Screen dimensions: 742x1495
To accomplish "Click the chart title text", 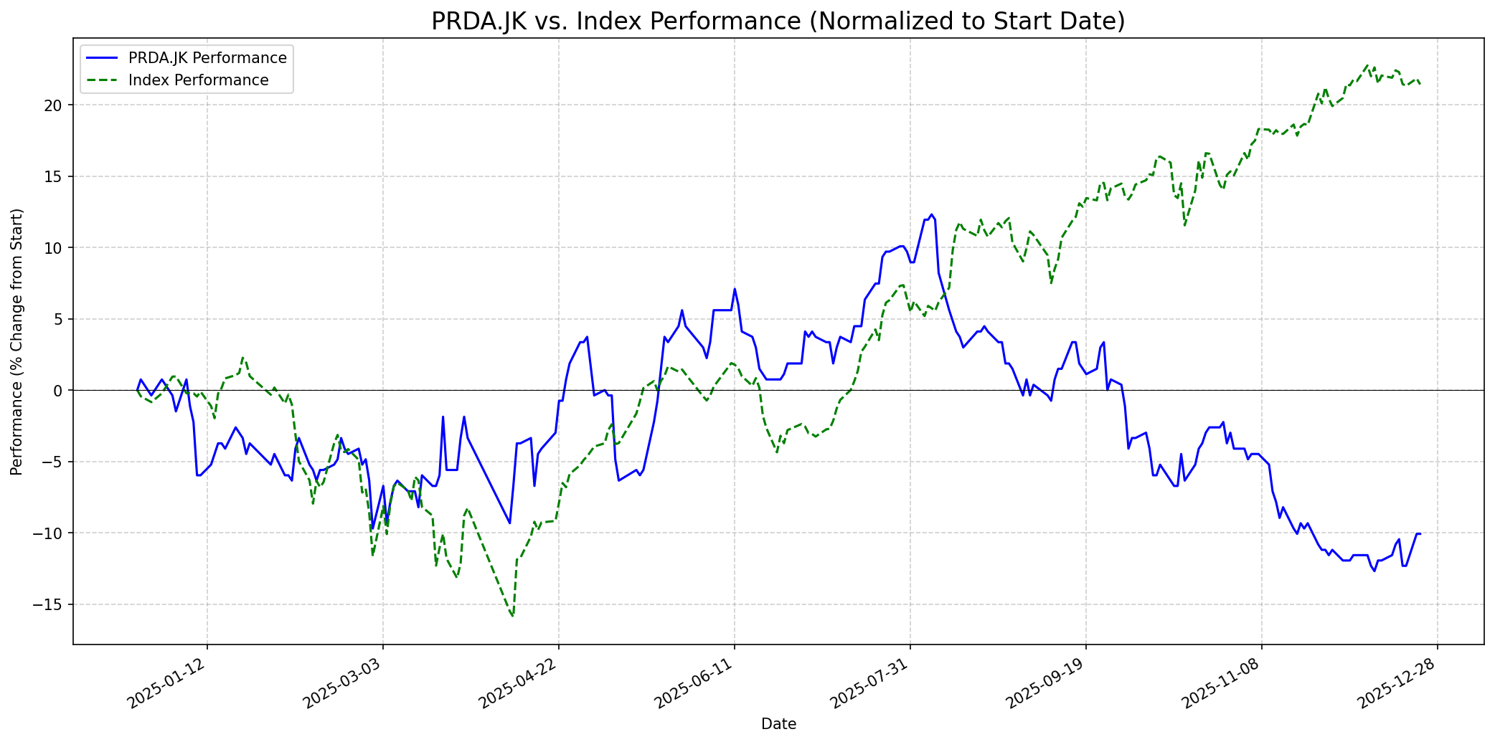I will pos(778,22).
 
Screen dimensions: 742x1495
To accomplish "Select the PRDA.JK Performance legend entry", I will pos(207,58).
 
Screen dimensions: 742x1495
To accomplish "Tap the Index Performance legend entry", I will pos(198,80).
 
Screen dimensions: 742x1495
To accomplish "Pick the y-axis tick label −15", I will pos(49,604).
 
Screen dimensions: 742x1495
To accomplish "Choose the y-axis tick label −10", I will pos(49,533).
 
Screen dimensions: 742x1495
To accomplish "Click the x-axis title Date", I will pos(778,724).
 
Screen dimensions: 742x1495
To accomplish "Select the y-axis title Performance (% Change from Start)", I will pos(17,341).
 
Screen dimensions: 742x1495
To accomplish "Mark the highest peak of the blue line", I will pos(931,214).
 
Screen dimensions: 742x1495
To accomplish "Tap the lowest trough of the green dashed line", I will pos(513,617).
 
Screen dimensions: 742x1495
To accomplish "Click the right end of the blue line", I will pos(1420,533).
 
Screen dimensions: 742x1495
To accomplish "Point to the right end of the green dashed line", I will pos(1420,85).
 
